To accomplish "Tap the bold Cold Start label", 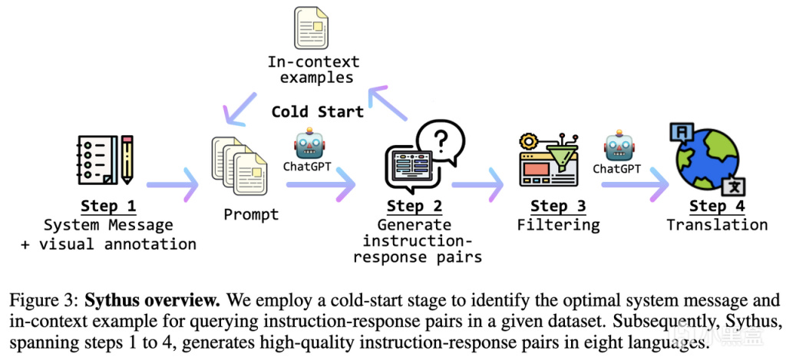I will [317, 111].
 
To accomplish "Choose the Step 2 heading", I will [414, 206].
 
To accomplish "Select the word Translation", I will [717, 225].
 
